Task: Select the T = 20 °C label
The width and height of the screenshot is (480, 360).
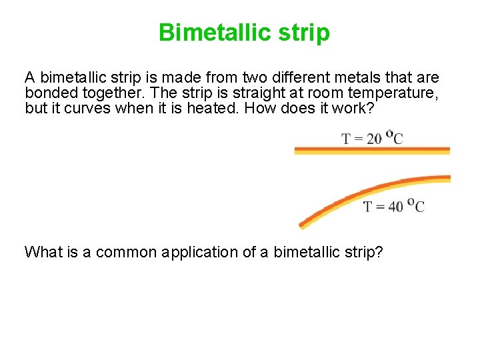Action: pyautogui.click(x=372, y=138)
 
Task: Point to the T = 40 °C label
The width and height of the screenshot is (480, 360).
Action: pyautogui.click(x=393, y=206)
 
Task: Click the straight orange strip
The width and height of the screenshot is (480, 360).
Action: pyautogui.click(x=372, y=151)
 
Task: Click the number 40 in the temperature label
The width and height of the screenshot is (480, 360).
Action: pyautogui.click(x=395, y=207)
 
